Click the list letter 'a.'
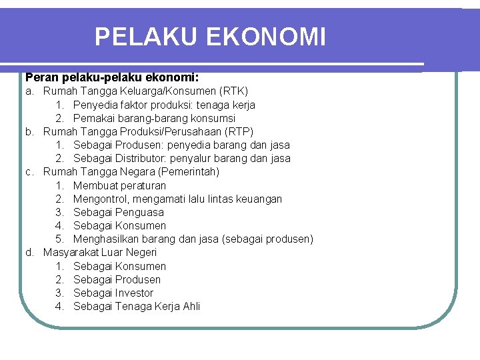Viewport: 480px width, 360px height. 30,91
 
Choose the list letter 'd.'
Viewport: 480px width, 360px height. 30,252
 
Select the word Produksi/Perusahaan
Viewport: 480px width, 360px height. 164,131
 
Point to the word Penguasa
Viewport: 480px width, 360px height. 139,212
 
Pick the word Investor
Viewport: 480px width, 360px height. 134,293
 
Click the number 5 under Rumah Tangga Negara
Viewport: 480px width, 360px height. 59,239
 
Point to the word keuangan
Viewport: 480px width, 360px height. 259,199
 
